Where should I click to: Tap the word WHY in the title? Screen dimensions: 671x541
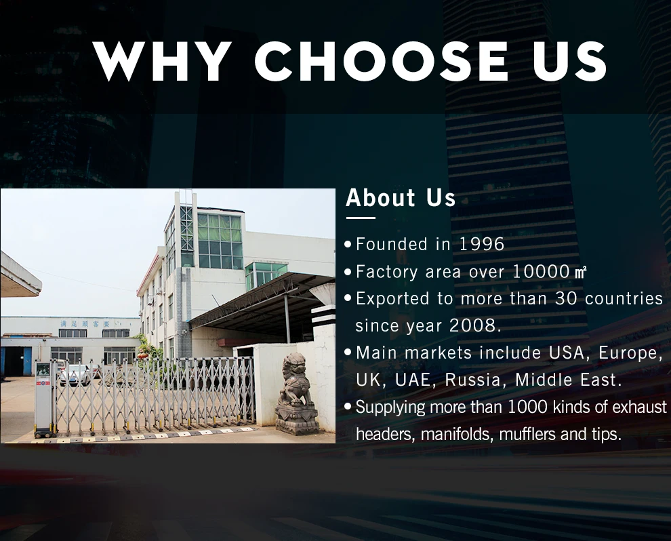[x=160, y=61]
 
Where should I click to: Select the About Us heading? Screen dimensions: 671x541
[x=401, y=198]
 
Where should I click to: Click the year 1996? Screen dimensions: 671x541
[x=482, y=244]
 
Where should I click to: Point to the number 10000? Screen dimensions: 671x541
[x=541, y=271]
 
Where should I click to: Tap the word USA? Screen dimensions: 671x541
[x=566, y=353]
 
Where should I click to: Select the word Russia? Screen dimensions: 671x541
[x=473, y=380]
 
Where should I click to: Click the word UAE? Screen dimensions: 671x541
[x=413, y=380]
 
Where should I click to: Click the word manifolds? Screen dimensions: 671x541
[x=456, y=434]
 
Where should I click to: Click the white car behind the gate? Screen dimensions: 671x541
[x=75, y=374]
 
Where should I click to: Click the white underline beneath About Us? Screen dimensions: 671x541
[x=361, y=218]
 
